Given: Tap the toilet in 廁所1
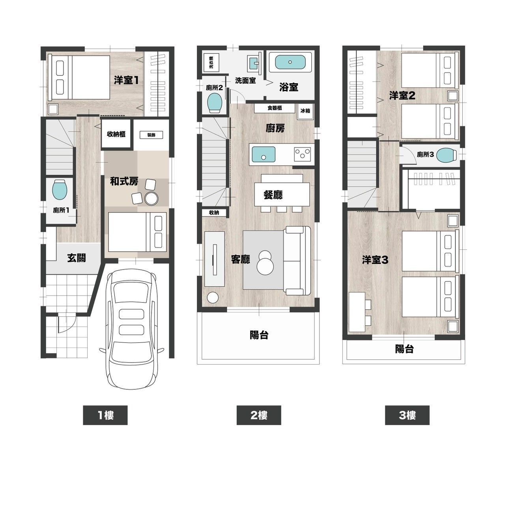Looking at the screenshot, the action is [x=60, y=189].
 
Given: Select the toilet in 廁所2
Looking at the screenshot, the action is [x=215, y=103].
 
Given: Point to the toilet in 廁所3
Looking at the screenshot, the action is [x=447, y=155].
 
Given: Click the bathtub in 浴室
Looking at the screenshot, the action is [x=290, y=62].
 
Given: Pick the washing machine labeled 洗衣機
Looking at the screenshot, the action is [x=211, y=62].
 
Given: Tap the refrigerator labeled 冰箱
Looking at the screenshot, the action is [x=305, y=111].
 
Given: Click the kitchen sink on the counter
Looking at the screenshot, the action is [x=264, y=155].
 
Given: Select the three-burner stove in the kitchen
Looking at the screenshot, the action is [x=303, y=154].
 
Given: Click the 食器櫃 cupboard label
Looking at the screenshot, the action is [x=275, y=108].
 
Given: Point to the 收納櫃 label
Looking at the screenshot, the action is [x=116, y=134].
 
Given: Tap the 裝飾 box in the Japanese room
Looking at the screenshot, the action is [x=151, y=135].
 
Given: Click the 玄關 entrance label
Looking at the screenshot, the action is [x=76, y=258].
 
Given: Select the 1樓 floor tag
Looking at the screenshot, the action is [x=105, y=415].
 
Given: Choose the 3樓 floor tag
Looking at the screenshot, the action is [x=407, y=415].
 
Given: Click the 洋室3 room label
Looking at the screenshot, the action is [x=375, y=260].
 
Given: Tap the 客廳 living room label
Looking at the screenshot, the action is [x=240, y=259].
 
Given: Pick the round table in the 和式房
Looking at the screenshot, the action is [x=151, y=198].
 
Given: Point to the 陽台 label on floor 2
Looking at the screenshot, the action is [x=259, y=335].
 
